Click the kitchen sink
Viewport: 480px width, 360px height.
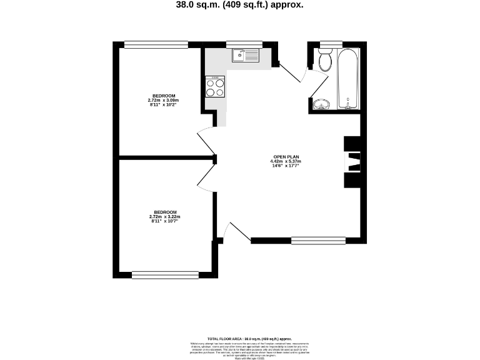246,56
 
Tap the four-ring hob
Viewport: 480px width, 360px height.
214,87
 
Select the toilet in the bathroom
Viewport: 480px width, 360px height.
325,61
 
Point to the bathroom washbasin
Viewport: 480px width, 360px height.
321,104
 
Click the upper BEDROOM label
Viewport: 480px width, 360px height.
164,96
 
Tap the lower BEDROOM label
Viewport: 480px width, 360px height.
165,212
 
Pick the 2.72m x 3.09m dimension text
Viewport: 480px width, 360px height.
164,101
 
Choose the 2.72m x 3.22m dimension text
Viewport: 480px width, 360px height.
165,217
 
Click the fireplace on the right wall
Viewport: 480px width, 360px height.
352,162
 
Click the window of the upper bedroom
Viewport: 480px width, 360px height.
156,44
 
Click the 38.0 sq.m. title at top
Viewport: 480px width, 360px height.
240,5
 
